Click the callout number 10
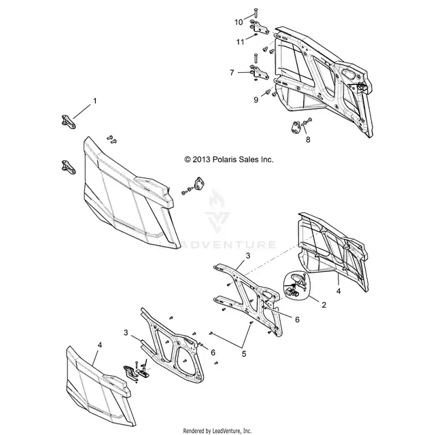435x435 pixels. pos(239,22)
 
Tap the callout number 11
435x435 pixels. pos(240,42)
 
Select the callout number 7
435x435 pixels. pos(232,73)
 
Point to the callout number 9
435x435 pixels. pos(256,100)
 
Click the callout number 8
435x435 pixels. pos(308,139)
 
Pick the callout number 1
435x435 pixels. pos(95,101)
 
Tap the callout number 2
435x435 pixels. pos(324,304)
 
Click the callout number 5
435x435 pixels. pos(244,353)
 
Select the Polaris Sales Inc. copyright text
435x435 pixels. pos(229,160)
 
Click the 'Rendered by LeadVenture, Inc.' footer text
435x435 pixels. pos(217,430)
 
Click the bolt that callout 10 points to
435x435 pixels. pos(256,14)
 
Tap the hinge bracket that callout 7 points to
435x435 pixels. pos(260,73)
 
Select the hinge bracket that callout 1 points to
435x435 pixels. pos(68,122)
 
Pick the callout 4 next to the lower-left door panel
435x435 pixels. pos(100,345)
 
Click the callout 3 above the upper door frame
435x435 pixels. pos(248,256)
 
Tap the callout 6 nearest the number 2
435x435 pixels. pos(297,319)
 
